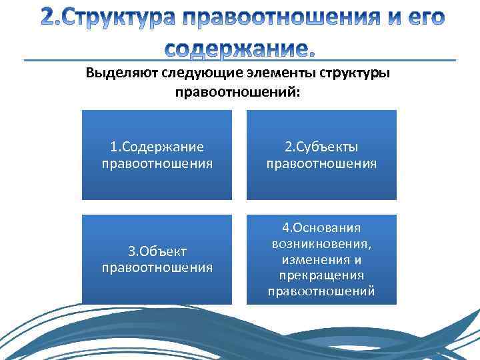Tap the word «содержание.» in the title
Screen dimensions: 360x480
(x=239, y=48)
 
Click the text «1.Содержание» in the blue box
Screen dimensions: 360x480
(x=157, y=147)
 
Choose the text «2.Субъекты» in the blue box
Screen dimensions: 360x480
(x=321, y=147)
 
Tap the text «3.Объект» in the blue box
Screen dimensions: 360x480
(x=157, y=251)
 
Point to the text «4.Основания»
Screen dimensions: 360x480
(x=321, y=228)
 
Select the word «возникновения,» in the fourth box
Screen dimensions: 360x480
(x=321, y=244)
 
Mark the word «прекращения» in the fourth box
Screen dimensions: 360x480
(x=321, y=275)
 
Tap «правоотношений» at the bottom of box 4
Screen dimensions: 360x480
(x=321, y=291)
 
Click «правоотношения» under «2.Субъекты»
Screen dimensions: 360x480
(x=321, y=163)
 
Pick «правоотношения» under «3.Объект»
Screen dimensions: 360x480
(x=157, y=268)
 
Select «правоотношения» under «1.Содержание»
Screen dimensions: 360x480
(x=157, y=163)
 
